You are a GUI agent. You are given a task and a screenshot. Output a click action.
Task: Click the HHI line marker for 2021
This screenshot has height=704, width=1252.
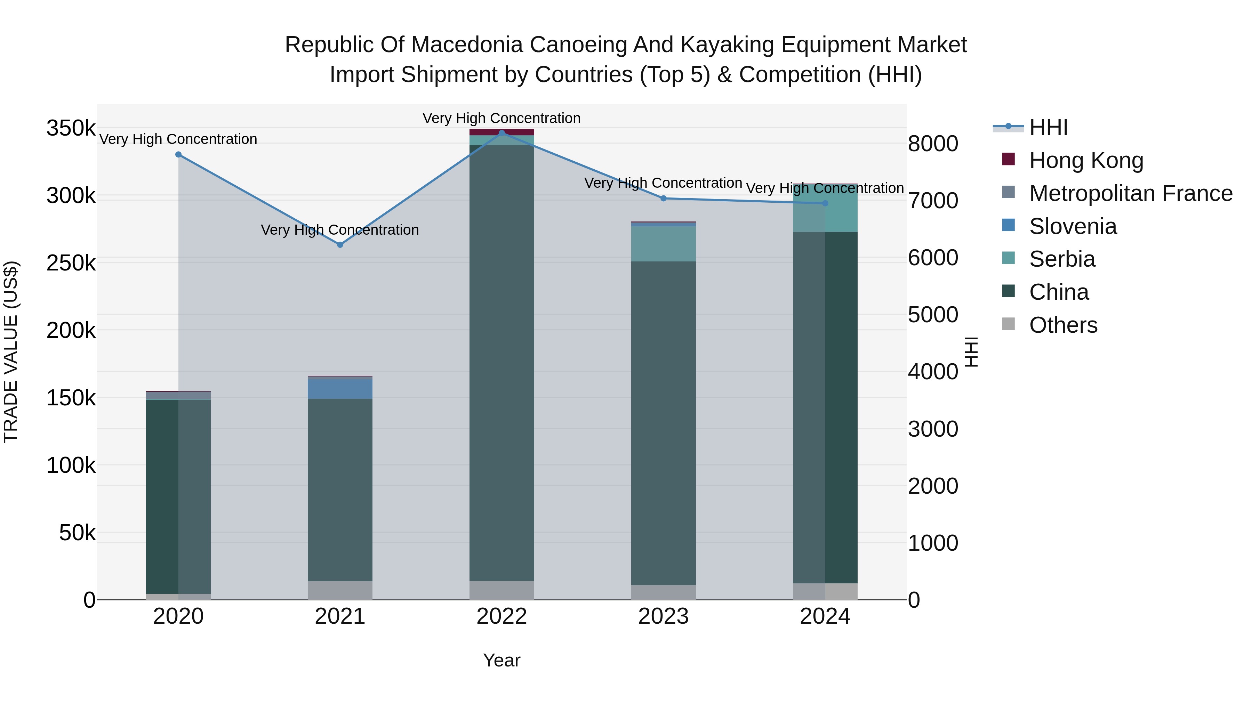click(340, 245)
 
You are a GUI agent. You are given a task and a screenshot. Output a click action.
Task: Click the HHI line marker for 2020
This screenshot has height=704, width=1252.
click(178, 154)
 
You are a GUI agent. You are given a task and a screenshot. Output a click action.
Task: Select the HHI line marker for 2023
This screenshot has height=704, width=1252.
click(664, 198)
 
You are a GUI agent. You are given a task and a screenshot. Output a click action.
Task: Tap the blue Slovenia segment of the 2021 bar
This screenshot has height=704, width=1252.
click(340, 388)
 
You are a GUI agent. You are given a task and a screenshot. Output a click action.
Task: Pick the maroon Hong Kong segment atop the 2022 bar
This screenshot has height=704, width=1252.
click(501, 132)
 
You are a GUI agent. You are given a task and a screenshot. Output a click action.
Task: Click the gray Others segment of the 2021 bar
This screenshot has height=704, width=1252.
click(340, 590)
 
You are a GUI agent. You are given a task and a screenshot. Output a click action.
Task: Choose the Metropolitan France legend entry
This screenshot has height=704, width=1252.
click(1131, 193)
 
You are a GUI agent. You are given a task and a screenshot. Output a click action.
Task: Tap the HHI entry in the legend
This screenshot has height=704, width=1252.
click(1048, 127)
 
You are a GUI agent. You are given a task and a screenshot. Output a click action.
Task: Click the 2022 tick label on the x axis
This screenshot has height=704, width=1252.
click(501, 616)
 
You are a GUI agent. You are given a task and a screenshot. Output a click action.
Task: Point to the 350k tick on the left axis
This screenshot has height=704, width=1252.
click(71, 129)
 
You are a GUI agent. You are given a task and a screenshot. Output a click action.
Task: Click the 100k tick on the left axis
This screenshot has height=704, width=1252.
click(71, 466)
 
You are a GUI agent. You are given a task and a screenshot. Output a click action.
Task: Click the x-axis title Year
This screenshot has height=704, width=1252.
click(501, 660)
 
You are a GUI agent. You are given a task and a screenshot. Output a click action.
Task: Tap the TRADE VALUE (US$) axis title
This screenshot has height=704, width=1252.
click(11, 352)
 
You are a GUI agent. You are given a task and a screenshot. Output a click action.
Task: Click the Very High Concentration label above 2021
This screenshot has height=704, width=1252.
click(340, 230)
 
